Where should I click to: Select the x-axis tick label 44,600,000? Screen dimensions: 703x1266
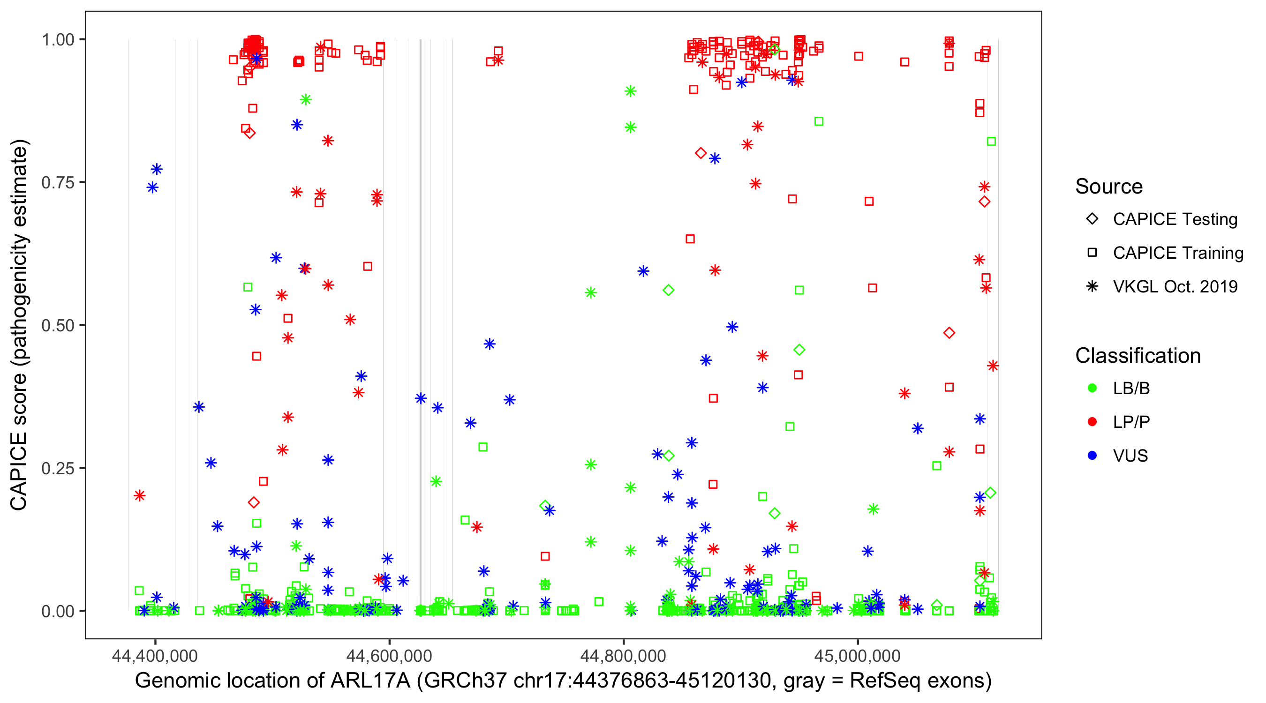point(389,655)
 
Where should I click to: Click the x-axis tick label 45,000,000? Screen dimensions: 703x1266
point(858,655)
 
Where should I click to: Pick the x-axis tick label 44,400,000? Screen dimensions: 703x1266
point(155,655)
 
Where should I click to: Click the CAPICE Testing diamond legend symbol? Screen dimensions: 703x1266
point(1092,218)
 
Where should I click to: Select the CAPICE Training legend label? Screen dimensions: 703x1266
point(1178,253)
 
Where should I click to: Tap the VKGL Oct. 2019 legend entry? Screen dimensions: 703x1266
point(1175,286)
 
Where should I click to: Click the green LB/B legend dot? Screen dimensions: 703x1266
point(1092,388)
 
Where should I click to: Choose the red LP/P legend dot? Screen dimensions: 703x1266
point(1092,422)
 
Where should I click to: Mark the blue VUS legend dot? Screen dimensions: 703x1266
point(1092,456)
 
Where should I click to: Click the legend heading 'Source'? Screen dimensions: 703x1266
point(1109,187)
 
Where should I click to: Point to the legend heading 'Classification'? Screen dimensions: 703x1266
point(1138,356)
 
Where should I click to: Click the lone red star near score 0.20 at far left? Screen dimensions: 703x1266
point(140,495)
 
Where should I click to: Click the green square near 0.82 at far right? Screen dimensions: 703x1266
point(991,142)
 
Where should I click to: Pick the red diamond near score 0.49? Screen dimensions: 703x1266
point(949,333)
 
